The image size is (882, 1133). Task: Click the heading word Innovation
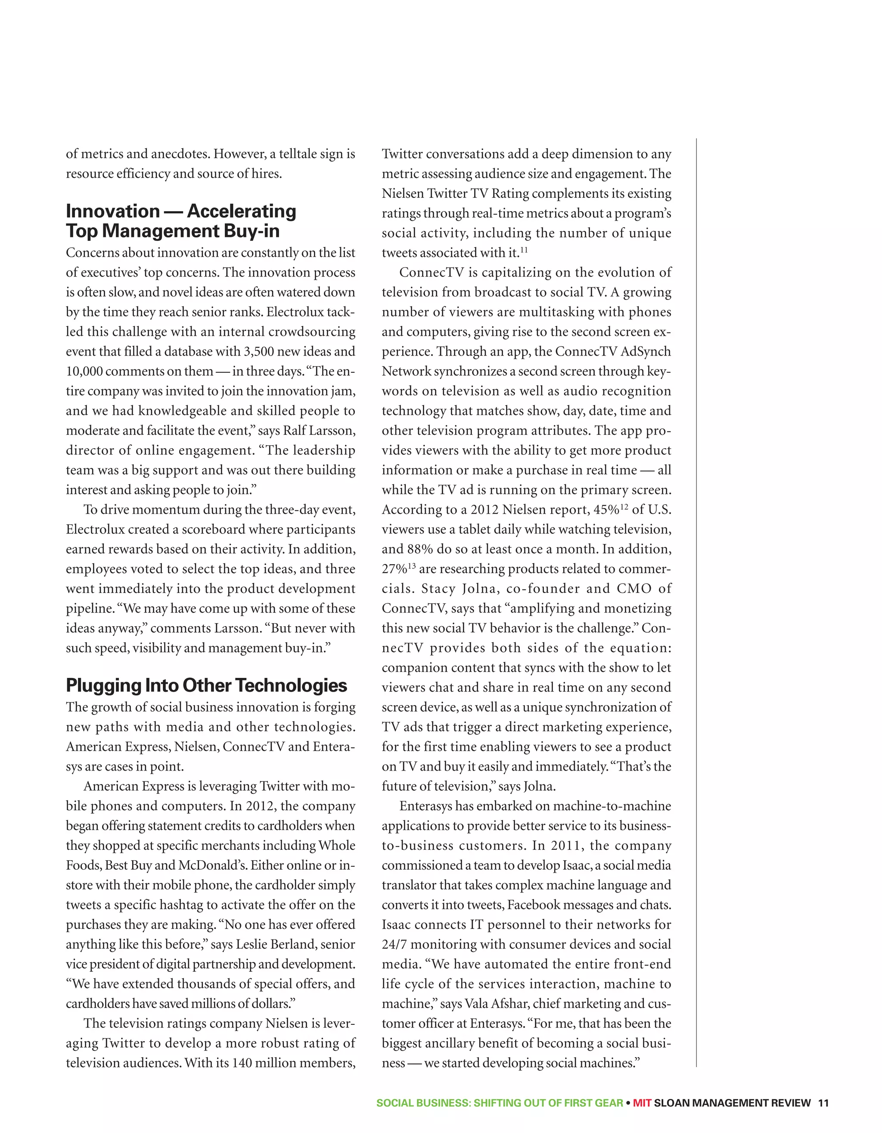[112, 211]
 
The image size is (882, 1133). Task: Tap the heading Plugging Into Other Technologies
[206, 685]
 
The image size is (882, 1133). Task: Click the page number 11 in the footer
[823, 1103]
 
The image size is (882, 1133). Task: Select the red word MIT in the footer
[642, 1103]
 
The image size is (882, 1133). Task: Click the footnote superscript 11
[524, 250]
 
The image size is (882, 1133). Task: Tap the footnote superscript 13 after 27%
[412, 566]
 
